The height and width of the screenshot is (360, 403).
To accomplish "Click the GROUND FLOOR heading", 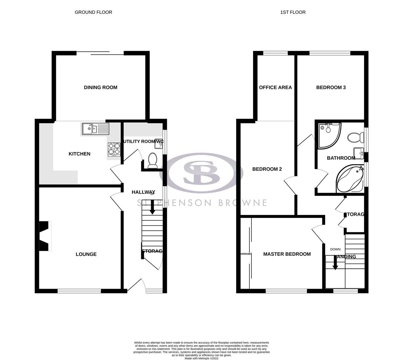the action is (93, 12).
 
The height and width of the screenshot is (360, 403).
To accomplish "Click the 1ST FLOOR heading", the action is (293, 12).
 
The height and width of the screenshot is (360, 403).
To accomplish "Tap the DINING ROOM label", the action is (101, 87).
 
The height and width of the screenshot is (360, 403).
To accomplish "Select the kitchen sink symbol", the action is (95, 128).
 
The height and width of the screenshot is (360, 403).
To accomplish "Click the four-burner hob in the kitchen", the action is (114, 150).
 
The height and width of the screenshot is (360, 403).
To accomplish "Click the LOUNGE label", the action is (86, 254).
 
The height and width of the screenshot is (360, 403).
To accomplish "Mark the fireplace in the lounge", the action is (45, 236).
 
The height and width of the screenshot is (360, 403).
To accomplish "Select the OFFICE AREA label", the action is (275, 87).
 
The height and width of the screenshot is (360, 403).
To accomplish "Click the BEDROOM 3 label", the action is (331, 87).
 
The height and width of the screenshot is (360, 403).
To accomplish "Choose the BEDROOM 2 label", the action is (267, 169).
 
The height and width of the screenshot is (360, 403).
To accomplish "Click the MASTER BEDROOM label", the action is (287, 254).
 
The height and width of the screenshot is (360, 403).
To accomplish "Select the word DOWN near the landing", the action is (335, 249).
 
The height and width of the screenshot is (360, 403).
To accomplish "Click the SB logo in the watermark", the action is (201, 172).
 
